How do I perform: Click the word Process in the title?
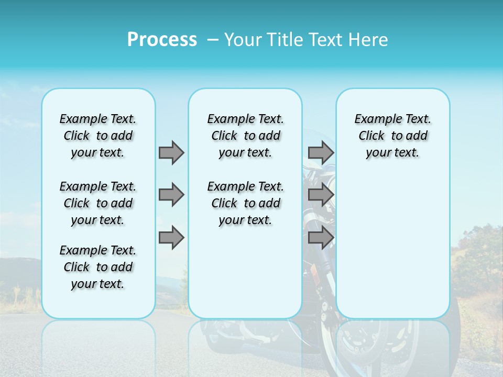pyautogui.click(x=162, y=40)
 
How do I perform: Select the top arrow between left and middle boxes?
pyautogui.click(x=171, y=152)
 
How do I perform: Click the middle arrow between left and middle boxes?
pyautogui.click(x=171, y=195)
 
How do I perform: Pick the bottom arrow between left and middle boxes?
pyautogui.click(x=171, y=238)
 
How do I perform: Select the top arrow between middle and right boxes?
pyautogui.click(x=321, y=152)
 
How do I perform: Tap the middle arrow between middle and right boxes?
pyautogui.click(x=321, y=195)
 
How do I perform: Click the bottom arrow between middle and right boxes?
pyautogui.click(x=321, y=238)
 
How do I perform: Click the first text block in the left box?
pyautogui.click(x=98, y=136)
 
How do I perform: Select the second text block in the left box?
pyautogui.click(x=98, y=203)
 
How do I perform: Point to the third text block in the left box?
pyautogui.click(x=98, y=267)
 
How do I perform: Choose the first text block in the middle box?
pyautogui.click(x=245, y=136)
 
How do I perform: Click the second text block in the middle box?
pyautogui.click(x=245, y=203)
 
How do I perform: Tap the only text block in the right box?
pyautogui.click(x=392, y=136)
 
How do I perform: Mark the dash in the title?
pyautogui.click(x=213, y=40)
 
